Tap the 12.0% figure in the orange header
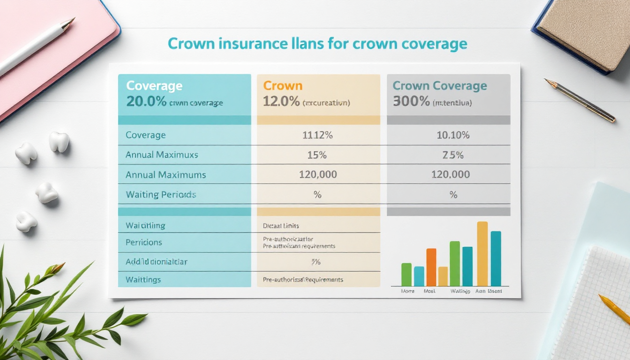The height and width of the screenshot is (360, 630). (281, 102)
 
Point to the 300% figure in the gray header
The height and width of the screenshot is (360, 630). (411, 102)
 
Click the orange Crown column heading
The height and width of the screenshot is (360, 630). (283, 86)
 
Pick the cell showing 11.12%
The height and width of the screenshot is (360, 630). (317, 135)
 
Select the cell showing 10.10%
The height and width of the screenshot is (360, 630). (453, 135)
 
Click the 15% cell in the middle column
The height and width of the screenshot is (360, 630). (317, 155)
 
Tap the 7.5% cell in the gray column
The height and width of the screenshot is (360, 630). (453, 155)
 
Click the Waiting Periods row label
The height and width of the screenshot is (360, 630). (161, 195)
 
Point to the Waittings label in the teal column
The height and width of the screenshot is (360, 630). (143, 280)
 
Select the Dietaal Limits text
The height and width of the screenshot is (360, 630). (281, 226)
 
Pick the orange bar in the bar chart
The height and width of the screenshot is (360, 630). (431, 267)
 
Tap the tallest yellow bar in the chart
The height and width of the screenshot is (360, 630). (482, 254)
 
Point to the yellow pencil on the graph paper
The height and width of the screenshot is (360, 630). (614, 309)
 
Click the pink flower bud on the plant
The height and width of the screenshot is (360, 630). (57, 268)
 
